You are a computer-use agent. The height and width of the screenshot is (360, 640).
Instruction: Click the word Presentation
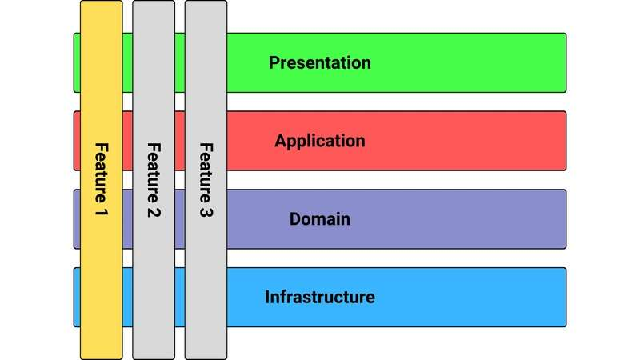click(320, 62)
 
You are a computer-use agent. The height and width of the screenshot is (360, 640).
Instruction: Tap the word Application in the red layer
click(320, 141)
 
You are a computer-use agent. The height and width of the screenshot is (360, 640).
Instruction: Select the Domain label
click(320, 218)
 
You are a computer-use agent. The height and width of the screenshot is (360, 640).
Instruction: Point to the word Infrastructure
click(320, 297)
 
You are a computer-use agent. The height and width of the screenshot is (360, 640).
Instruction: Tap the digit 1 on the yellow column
click(102, 214)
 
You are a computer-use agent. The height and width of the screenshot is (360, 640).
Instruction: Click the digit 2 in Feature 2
click(154, 214)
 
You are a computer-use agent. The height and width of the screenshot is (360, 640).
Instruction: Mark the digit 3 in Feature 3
click(206, 214)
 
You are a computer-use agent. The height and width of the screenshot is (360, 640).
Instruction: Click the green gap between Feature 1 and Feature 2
click(127, 62)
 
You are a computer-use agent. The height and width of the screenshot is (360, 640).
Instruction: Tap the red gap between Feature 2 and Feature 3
click(180, 141)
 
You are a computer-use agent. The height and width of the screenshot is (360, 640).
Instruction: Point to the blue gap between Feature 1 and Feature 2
click(127, 297)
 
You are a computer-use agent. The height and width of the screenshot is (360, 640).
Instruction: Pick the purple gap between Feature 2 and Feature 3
click(180, 218)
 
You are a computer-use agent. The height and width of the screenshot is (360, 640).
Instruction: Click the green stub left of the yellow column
click(77, 62)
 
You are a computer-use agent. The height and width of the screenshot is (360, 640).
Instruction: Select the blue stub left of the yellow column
click(77, 297)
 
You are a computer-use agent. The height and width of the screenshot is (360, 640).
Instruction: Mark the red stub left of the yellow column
click(77, 141)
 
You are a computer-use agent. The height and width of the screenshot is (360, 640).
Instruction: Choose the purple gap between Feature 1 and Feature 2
click(127, 218)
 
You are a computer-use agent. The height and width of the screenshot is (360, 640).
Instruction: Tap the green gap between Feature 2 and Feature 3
click(180, 62)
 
